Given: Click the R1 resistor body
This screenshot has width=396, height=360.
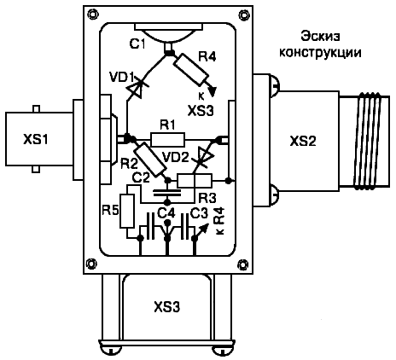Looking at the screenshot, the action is tap(167, 139).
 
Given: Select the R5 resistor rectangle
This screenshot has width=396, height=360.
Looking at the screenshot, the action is tap(127, 211).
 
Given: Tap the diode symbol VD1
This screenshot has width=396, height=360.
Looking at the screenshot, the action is tap(136, 90).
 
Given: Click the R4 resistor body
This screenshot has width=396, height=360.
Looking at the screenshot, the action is tap(191, 70).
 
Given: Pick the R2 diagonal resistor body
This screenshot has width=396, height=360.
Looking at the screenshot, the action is tap(149, 160).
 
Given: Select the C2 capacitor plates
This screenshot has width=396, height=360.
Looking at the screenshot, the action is tap(166, 193).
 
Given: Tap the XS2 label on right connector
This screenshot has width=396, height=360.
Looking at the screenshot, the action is tap(303, 141).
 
